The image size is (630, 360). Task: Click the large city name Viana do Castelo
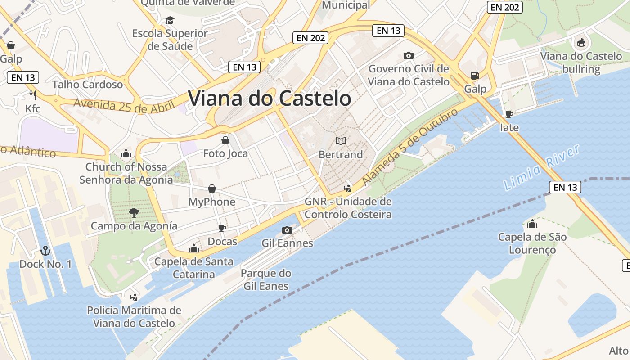pos(269,99)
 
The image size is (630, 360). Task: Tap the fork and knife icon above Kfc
pos(32,95)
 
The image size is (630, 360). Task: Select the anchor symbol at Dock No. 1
pos(45,251)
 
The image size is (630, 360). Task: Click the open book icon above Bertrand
pos(341,141)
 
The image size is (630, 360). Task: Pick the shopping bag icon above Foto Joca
pos(225,140)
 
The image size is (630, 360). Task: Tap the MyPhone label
pos(211,202)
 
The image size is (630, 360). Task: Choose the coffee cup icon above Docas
pos(222,228)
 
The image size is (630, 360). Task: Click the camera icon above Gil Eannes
pos(287,230)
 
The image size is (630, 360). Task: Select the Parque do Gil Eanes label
pos(266,279)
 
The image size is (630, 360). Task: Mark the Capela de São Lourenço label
pos(532,243)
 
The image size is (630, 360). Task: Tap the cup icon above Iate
pos(509,114)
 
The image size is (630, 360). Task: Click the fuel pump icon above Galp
pos(475,75)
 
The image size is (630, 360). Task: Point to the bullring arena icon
pos(581,43)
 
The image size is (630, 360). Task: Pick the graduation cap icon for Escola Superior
pos(170,20)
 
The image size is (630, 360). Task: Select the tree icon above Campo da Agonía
pos(134,212)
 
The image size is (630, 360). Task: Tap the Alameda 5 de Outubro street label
pos(410,146)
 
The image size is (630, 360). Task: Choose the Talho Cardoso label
pos(87,85)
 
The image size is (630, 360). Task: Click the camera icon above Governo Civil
pos(409,55)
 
